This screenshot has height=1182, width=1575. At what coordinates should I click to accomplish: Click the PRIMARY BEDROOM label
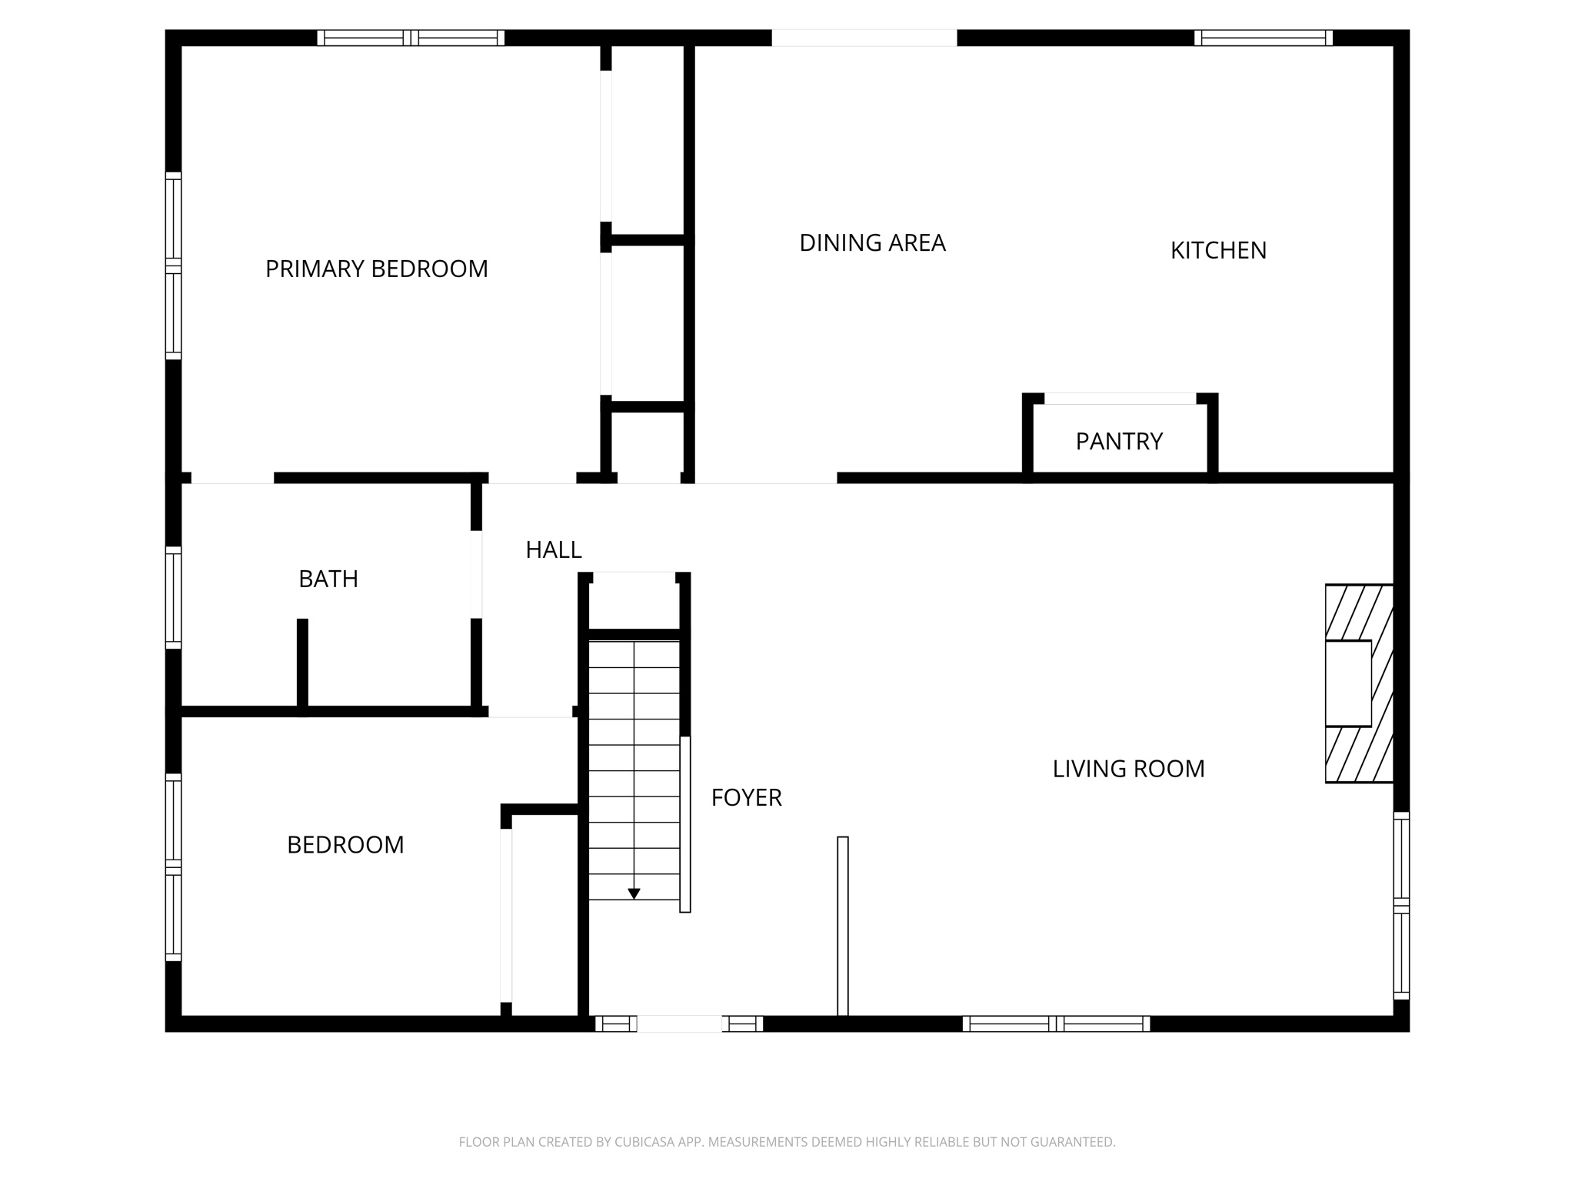point(376,269)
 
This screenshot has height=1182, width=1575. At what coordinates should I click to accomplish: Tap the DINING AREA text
point(872,243)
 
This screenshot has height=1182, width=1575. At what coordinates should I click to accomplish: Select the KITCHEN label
point(1218,250)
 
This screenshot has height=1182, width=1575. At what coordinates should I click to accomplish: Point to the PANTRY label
point(1119,441)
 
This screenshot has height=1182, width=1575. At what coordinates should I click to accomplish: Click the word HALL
point(554,549)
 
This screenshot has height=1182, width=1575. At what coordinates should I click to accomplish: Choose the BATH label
point(328,579)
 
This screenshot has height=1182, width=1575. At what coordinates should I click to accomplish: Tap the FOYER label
point(746,798)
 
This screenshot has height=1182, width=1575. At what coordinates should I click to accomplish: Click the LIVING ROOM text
point(1128,769)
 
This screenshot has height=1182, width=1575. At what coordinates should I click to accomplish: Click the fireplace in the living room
point(1359,683)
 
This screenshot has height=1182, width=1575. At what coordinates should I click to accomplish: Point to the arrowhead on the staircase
point(634,893)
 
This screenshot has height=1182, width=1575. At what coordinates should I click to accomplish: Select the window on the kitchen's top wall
point(1264,38)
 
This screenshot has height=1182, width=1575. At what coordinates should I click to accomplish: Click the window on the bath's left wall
point(174,598)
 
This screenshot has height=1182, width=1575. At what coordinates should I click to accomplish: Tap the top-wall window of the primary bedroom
point(411,38)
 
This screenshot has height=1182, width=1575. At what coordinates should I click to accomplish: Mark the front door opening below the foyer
point(679,1023)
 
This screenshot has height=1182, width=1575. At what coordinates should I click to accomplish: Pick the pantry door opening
point(1120,399)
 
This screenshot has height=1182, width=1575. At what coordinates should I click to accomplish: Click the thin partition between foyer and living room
point(843,926)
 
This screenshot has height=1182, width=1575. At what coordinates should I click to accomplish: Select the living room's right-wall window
point(1401,906)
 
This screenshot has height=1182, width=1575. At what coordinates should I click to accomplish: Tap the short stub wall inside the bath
point(303,663)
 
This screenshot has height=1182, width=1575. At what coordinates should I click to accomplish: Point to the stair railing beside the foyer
point(685,824)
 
